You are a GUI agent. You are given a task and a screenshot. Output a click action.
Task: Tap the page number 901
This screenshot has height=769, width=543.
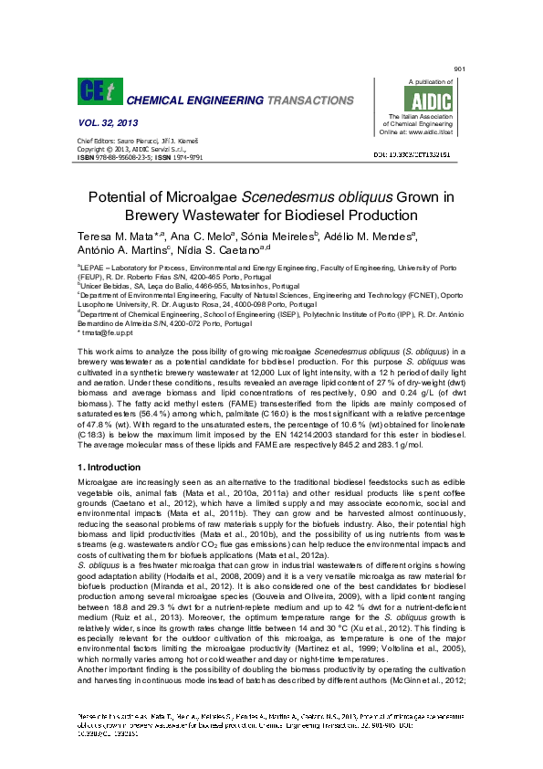(x=459, y=69)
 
